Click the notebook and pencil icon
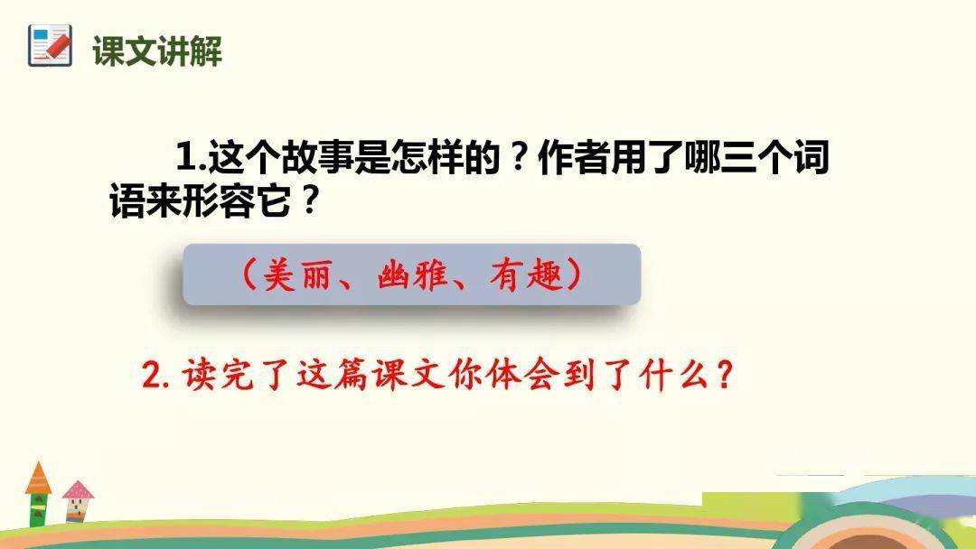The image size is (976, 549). point(50,45)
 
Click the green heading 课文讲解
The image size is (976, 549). point(157,51)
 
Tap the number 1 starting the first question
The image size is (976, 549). point(186,156)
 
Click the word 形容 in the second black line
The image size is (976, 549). point(218,200)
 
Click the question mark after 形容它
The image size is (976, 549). point(309,200)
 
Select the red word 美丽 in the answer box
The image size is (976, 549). point(296,274)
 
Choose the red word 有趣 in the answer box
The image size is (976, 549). point(526,274)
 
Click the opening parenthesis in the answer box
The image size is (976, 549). point(249,274)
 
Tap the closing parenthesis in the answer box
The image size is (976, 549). point(575,274)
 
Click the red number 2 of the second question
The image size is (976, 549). point(152,375)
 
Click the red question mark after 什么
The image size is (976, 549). point(724,375)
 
